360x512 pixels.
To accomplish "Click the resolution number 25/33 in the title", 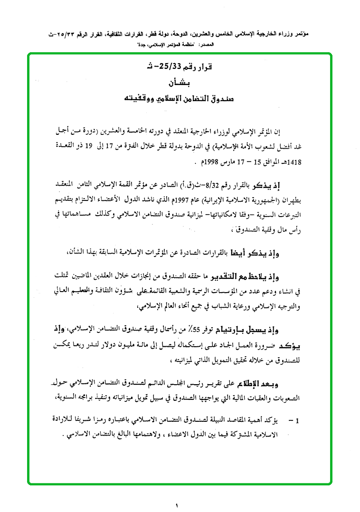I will click(x=188, y=66).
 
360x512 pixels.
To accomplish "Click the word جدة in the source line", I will click(x=142, y=44).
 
